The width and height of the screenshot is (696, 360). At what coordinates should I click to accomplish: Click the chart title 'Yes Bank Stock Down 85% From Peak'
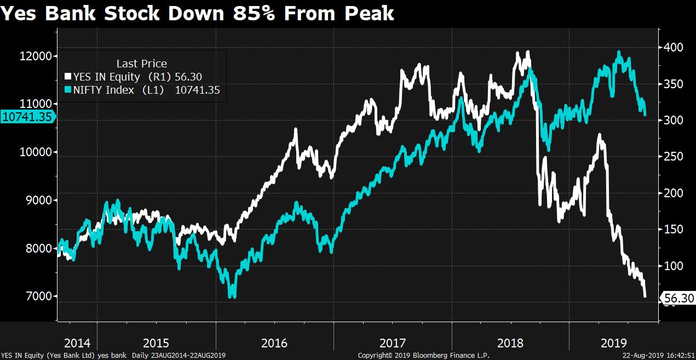point(197,13)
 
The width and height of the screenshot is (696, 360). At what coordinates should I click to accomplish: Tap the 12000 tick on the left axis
point(36,56)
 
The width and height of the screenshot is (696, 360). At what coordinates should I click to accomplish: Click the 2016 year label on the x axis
point(274,344)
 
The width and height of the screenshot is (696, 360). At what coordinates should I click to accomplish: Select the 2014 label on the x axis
point(77,344)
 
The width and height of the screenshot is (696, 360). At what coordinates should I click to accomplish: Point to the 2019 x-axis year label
point(614,344)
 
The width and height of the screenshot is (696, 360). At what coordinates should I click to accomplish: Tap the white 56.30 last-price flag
point(678,299)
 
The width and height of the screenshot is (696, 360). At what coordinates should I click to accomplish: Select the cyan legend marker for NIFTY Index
point(68,90)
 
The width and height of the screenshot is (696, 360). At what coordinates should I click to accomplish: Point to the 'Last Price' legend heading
point(141,64)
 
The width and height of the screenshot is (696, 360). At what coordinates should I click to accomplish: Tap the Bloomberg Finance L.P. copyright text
point(423,356)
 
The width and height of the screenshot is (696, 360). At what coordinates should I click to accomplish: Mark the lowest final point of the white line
point(646,296)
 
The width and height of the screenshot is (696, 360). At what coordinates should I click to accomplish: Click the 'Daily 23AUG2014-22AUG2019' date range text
point(179,356)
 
